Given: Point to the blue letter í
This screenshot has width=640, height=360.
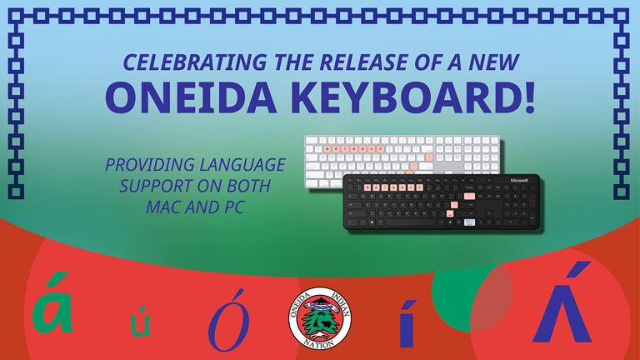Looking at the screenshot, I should point(407,323).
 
